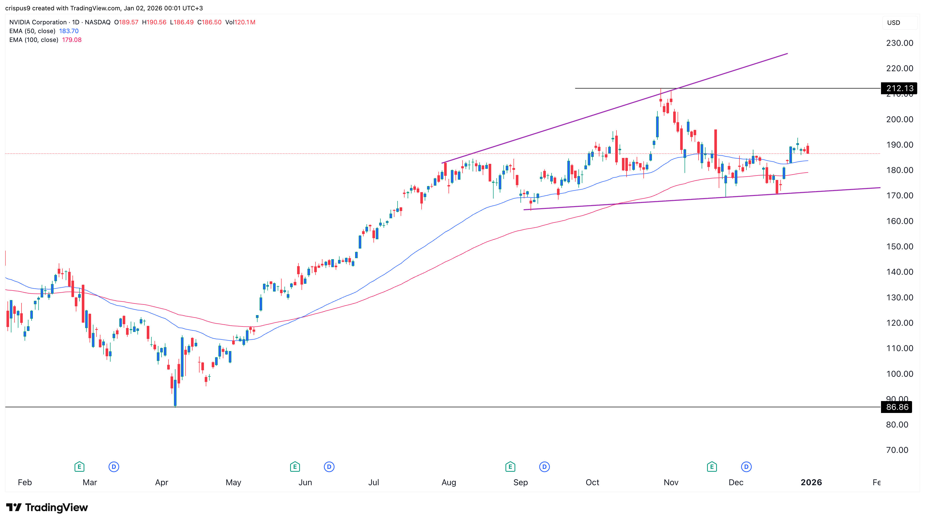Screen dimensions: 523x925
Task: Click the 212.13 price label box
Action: tap(899, 88)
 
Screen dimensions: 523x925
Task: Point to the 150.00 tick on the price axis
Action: tap(899, 246)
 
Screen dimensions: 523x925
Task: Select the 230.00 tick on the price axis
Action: tap(899, 43)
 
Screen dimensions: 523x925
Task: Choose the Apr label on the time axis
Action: tap(161, 482)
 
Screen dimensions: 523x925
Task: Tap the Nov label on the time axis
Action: tap(671, 482)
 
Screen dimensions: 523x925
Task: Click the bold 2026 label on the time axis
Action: tap(811, 482)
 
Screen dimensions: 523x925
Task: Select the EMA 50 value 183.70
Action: tap(69, 31)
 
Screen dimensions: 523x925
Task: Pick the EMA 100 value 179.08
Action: tap(72, 40)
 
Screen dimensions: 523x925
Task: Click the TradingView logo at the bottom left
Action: tap(47, 507)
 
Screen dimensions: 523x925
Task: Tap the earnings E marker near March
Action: tap(79, 467)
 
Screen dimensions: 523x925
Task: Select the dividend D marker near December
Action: tap(746, 467)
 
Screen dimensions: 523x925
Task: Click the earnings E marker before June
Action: tap(295, 467)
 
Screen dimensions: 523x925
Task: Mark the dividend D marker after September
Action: tap(544, 467)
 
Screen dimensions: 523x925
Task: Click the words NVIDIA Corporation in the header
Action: tap(38, 22)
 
